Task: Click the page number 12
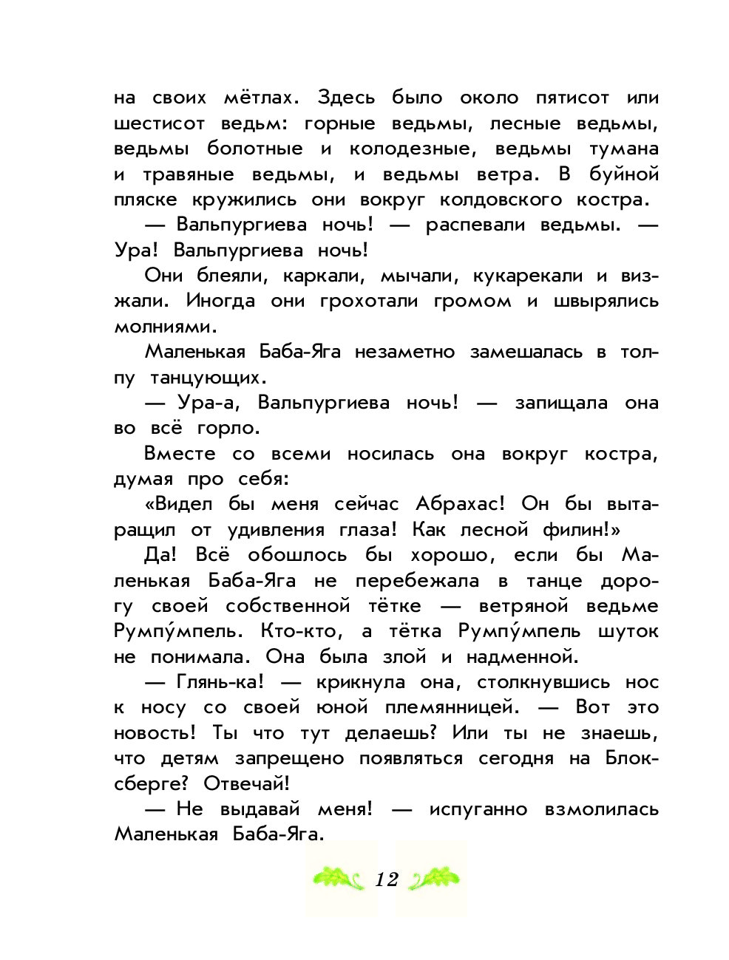click(x=386, y=879)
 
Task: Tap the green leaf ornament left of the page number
click(x=339, y=879)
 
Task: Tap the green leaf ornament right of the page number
click(x=434, y=879)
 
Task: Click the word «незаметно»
click(x=404, y=352)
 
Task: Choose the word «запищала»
click(x=561, y=403)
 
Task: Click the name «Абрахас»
click(x=460, y=504)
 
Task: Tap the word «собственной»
click(x=288, y=606)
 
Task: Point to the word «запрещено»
click(x=289, y=758)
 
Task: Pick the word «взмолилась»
click(x=601, y=809)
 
